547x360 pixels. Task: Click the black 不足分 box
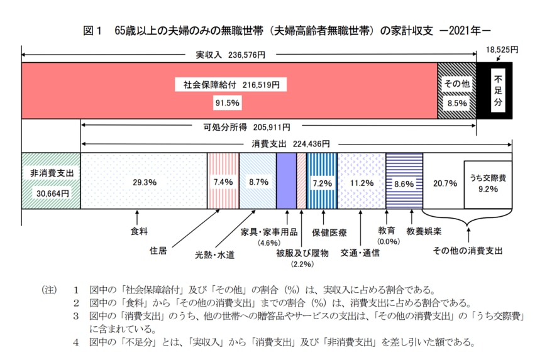498,90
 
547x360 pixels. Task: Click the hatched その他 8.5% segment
456,90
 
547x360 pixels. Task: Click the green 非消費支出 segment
51,181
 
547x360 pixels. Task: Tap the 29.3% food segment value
144,182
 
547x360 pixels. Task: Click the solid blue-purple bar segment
286,181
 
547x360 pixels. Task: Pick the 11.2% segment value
362,182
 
